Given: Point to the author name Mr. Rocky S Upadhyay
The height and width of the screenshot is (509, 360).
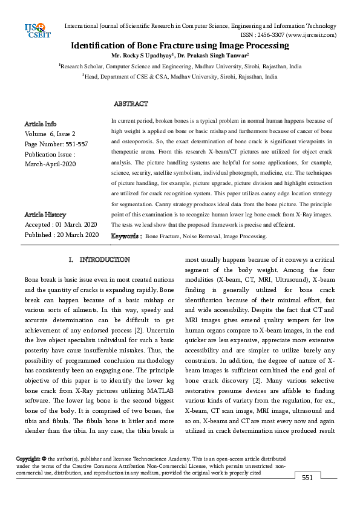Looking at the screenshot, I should tap(147, 56).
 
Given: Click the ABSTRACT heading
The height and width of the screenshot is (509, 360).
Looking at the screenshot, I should tap(131, 104).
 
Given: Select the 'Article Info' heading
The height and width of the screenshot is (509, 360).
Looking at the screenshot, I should tap(41, 124).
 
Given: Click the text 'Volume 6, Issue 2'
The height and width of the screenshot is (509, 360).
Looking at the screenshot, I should tap(50, 134).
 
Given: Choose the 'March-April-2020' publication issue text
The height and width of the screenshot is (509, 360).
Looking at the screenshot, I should tap(50, 164).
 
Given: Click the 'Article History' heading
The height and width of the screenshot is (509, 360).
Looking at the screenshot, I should tap(45, 215).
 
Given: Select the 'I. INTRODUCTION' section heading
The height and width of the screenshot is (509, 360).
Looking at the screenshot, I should tap(99, 259).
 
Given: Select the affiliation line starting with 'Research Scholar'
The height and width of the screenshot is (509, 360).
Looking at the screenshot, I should tap(180, 66).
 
